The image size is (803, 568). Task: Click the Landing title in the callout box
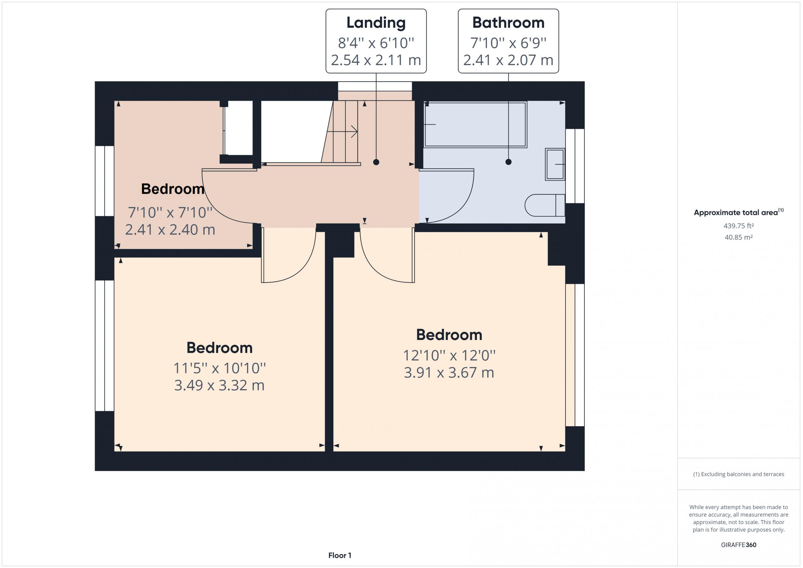tap(376, 23)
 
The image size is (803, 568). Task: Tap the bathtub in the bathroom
tap(475, 125)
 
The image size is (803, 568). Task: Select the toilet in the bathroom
tap(545, 205)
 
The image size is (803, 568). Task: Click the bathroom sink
tap(555, 164)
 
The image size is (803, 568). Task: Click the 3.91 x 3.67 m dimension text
tap(449, 373)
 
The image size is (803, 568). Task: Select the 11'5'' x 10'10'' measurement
tap(220, 368)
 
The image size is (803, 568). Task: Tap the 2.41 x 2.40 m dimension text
tap(170, 230)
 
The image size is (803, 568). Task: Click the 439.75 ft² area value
tap(739, 226)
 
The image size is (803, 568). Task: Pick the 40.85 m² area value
tap(739, 237)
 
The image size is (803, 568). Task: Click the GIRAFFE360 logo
tap(739, 544)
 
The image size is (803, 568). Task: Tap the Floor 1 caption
tap(340, 555)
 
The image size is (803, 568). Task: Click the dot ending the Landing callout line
tap(376, 162)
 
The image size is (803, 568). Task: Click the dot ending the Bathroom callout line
tap(508, 162)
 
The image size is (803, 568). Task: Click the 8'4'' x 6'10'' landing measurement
tap(376, 43)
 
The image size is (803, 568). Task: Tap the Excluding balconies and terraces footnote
tap(739, 474)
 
